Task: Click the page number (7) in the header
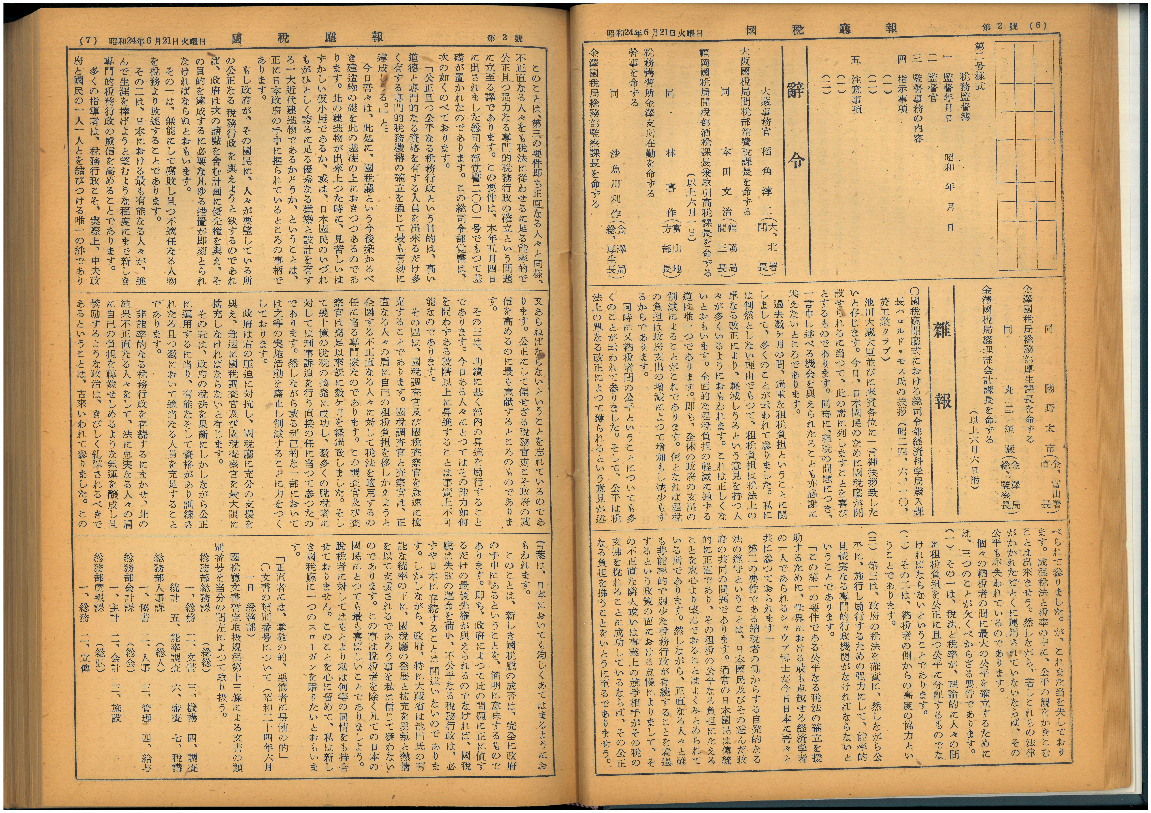(89, 41)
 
